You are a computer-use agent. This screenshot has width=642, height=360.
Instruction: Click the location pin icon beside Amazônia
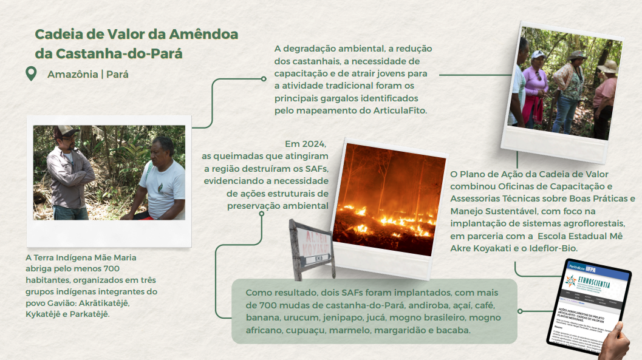click(x=30, y=74)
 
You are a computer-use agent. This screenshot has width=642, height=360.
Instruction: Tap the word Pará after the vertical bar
click(x=117, y=75)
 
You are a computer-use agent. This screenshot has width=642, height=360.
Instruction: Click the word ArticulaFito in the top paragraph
click(x=397, y=110)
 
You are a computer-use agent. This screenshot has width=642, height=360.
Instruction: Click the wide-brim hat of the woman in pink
click(x=607, y=67)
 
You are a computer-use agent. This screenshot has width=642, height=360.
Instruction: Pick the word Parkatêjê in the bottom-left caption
click(x=90, y=314)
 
